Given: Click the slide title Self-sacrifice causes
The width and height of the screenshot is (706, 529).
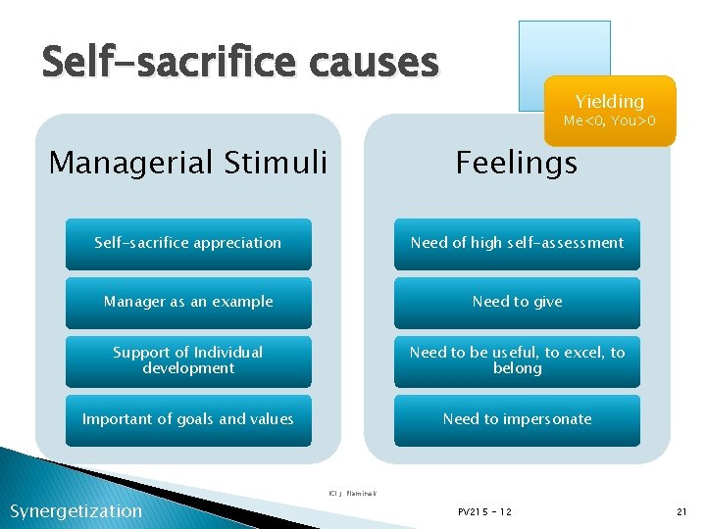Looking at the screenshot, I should click(x=240, y=63).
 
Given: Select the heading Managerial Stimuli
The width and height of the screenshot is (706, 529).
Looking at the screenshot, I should click(x=188, y=162).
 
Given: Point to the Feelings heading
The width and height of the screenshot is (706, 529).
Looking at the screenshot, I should click(x=517, y=163).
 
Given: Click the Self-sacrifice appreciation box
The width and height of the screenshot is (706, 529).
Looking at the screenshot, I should click(x=188, y=243).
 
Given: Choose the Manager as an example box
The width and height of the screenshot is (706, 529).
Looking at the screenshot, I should click(x=188, y=302).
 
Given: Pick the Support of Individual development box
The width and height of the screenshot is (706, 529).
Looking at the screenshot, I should click(x=188, y=361).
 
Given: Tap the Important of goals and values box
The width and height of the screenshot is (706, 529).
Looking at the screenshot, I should click(x=188, y=419).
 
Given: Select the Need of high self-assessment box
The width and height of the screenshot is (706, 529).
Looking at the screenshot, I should click(x=517, y=243).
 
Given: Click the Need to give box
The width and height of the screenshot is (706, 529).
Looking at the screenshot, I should click(x=517, y=302).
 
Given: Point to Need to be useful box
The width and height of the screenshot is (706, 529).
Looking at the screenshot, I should click(x=517, y=361).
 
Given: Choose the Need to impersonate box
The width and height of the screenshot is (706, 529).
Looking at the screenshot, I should click(x=517, y=419).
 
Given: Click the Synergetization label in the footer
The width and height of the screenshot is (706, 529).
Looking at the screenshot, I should click(x=76, y=510).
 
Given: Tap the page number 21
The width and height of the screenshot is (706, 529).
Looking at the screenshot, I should click(x=681, y=512).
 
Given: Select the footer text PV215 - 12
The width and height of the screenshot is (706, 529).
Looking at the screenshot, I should click(x=484, y=512).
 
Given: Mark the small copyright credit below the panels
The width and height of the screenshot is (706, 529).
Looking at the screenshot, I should click(x=352, y=493).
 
